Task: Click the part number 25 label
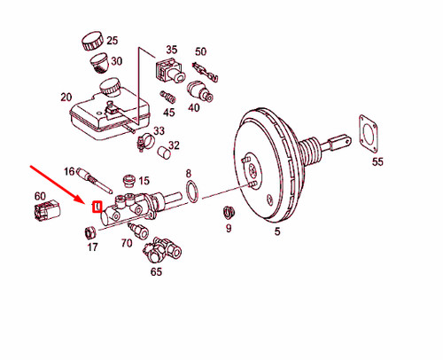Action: pos(112,42)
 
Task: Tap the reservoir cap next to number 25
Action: pos(90,41)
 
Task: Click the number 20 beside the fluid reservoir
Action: pos(65,97)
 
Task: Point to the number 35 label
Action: pos(172,50)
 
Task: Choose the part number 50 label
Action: pos(200,52)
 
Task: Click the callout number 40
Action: pos(194,108)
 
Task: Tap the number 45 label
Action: pos(168,113)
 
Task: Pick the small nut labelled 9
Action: pos(227,212)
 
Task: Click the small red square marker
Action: pos(97,208)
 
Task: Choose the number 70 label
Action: pos(127,243)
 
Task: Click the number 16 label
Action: pos(69,169)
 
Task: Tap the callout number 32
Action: pos(175,145)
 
